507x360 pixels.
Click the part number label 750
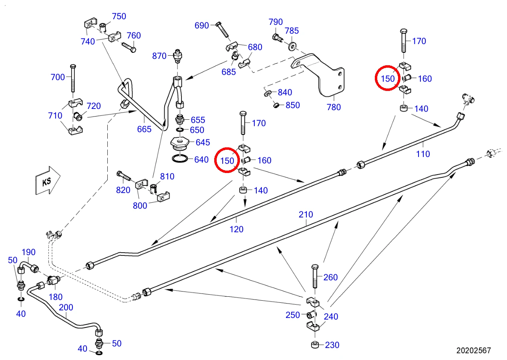pos(119,16)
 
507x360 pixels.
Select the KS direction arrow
pos(48,181)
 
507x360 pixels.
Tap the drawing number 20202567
pos(473,350)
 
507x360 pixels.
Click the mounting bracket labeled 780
pos(319,74)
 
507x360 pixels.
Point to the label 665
pos(144,129)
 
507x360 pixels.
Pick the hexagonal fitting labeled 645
pos(180,143)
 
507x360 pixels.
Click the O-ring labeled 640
pos(180,159)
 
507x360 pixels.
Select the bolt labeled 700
pos(73,78)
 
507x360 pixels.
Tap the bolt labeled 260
pos(315,276)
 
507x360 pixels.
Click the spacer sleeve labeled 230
pos(315,345)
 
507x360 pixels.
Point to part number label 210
pos(306,215)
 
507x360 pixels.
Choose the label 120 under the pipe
pos(237,229)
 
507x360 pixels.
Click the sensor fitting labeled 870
pos(178,56)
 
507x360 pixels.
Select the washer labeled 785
pos(292,47)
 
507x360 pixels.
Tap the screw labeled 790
pos(277,38)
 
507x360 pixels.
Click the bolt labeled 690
pos(223,30)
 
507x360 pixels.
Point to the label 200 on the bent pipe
pos(66,308)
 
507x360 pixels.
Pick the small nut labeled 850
pos(276,105)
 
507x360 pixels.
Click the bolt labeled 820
pos(124,176)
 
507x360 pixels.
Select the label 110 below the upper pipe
pos(423,154)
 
